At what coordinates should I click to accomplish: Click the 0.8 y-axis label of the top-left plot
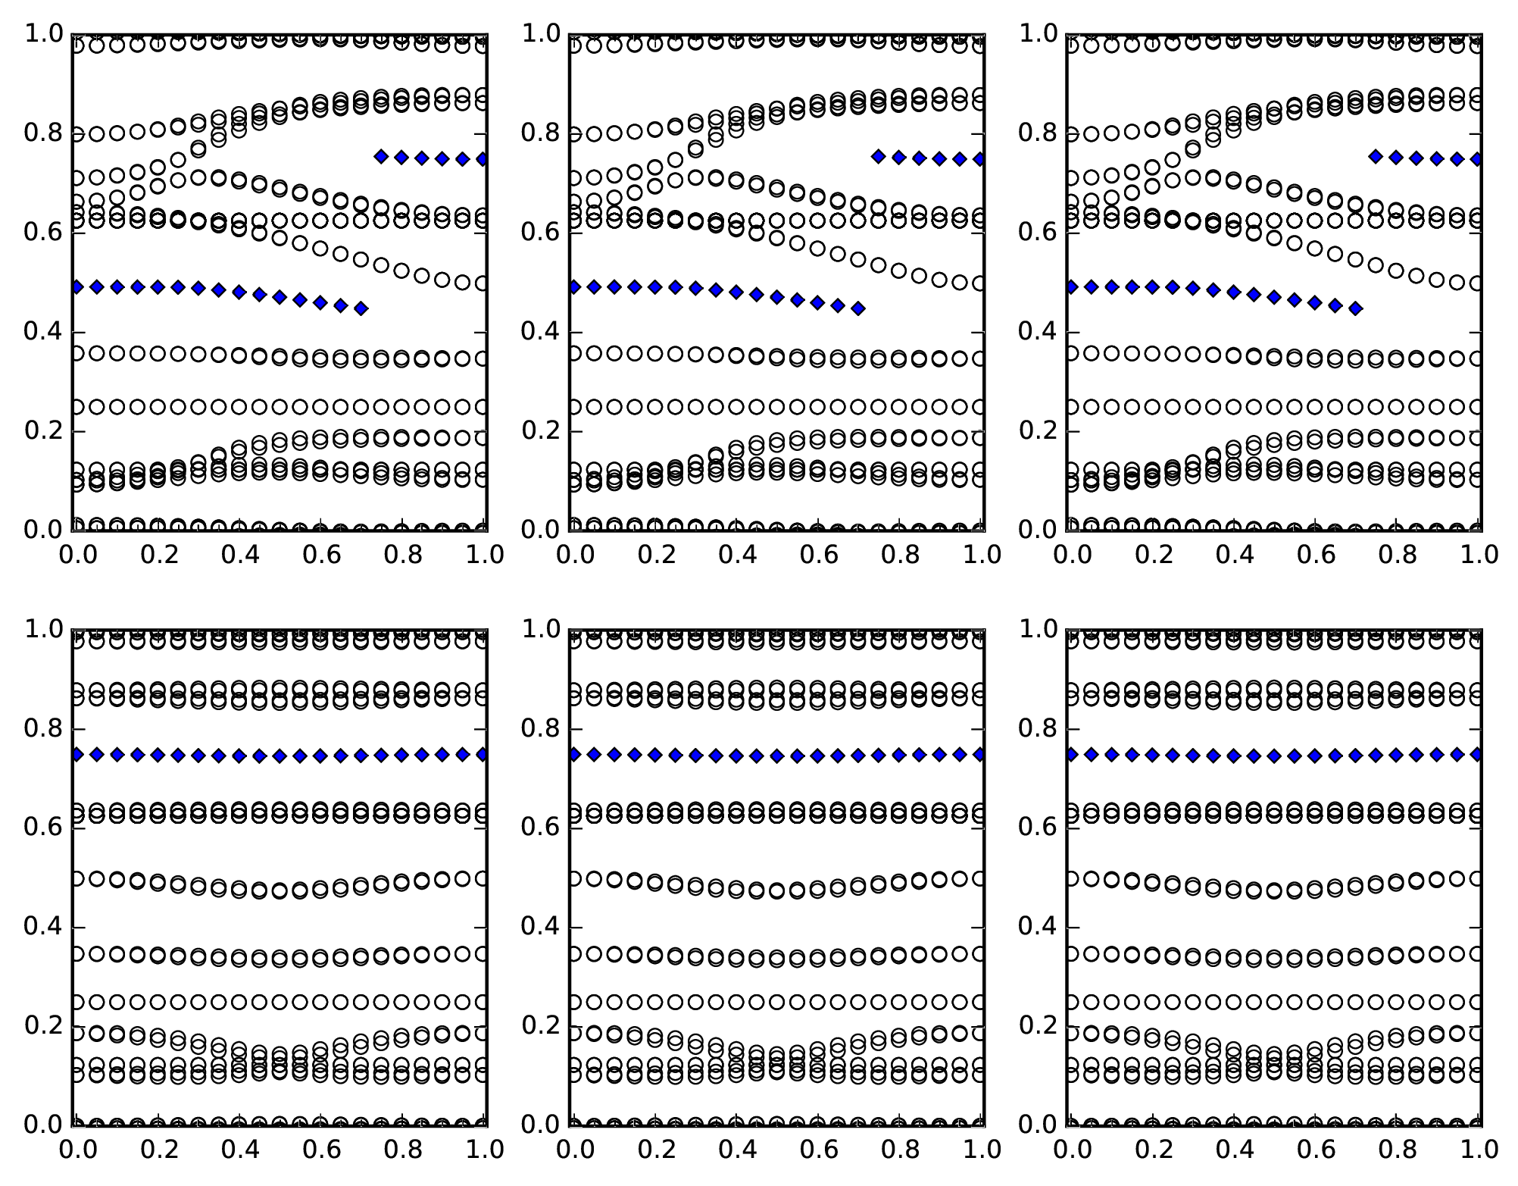click(x=45, y=134)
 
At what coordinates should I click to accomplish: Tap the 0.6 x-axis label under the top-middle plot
click(x=817, y=555)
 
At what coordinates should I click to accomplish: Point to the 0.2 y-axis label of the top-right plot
click(x=1039, y=432)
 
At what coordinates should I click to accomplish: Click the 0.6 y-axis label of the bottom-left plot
click(x=45, y=828)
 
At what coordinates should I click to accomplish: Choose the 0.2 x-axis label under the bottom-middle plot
click(x=651, y=1150)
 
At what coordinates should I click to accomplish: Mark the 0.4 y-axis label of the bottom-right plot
click(x=1039, y=927)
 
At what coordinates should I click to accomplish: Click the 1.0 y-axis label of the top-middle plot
click(x=542, y=34)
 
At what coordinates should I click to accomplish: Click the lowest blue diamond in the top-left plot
click(x=361, y=308)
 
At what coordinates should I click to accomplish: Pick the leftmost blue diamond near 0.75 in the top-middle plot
click(x=879, y=156)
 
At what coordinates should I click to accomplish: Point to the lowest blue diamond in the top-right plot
click(x=1356, y=308)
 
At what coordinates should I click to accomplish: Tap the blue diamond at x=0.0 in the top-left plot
click(x=76, y=287)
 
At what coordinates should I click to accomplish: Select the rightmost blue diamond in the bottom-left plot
click(x=483, y=754)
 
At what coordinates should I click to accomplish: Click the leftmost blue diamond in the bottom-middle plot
click(x=573, y=754)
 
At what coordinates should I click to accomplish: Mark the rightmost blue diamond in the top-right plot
click(x=1478, y=159)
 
